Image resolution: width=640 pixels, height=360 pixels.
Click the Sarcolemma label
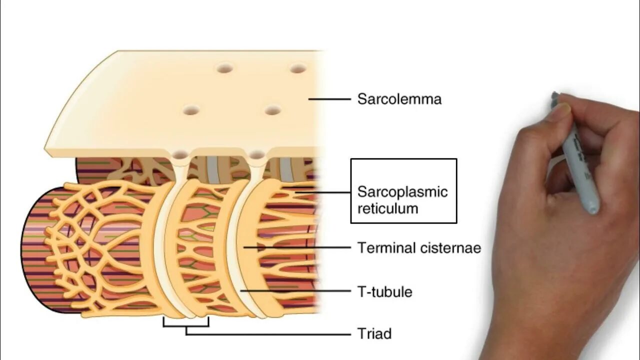(399, 99)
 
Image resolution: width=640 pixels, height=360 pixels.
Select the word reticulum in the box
(387, 208)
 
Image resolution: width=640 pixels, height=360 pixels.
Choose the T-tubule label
(384, 291)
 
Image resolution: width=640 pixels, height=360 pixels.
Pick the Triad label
(374, 333)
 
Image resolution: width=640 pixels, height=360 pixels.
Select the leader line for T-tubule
(295, 290)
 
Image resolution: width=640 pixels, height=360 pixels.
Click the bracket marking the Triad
(186, 325)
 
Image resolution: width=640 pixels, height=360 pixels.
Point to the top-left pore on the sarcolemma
(224, 68)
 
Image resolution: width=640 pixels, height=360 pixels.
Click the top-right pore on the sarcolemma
(298, 68)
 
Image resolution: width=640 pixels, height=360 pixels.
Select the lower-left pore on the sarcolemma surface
(191, 110)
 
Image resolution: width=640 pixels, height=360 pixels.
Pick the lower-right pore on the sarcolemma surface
(272, 110)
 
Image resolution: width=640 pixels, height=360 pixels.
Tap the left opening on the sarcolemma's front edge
(180, 154)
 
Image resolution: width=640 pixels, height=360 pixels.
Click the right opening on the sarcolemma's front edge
(256, 154)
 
